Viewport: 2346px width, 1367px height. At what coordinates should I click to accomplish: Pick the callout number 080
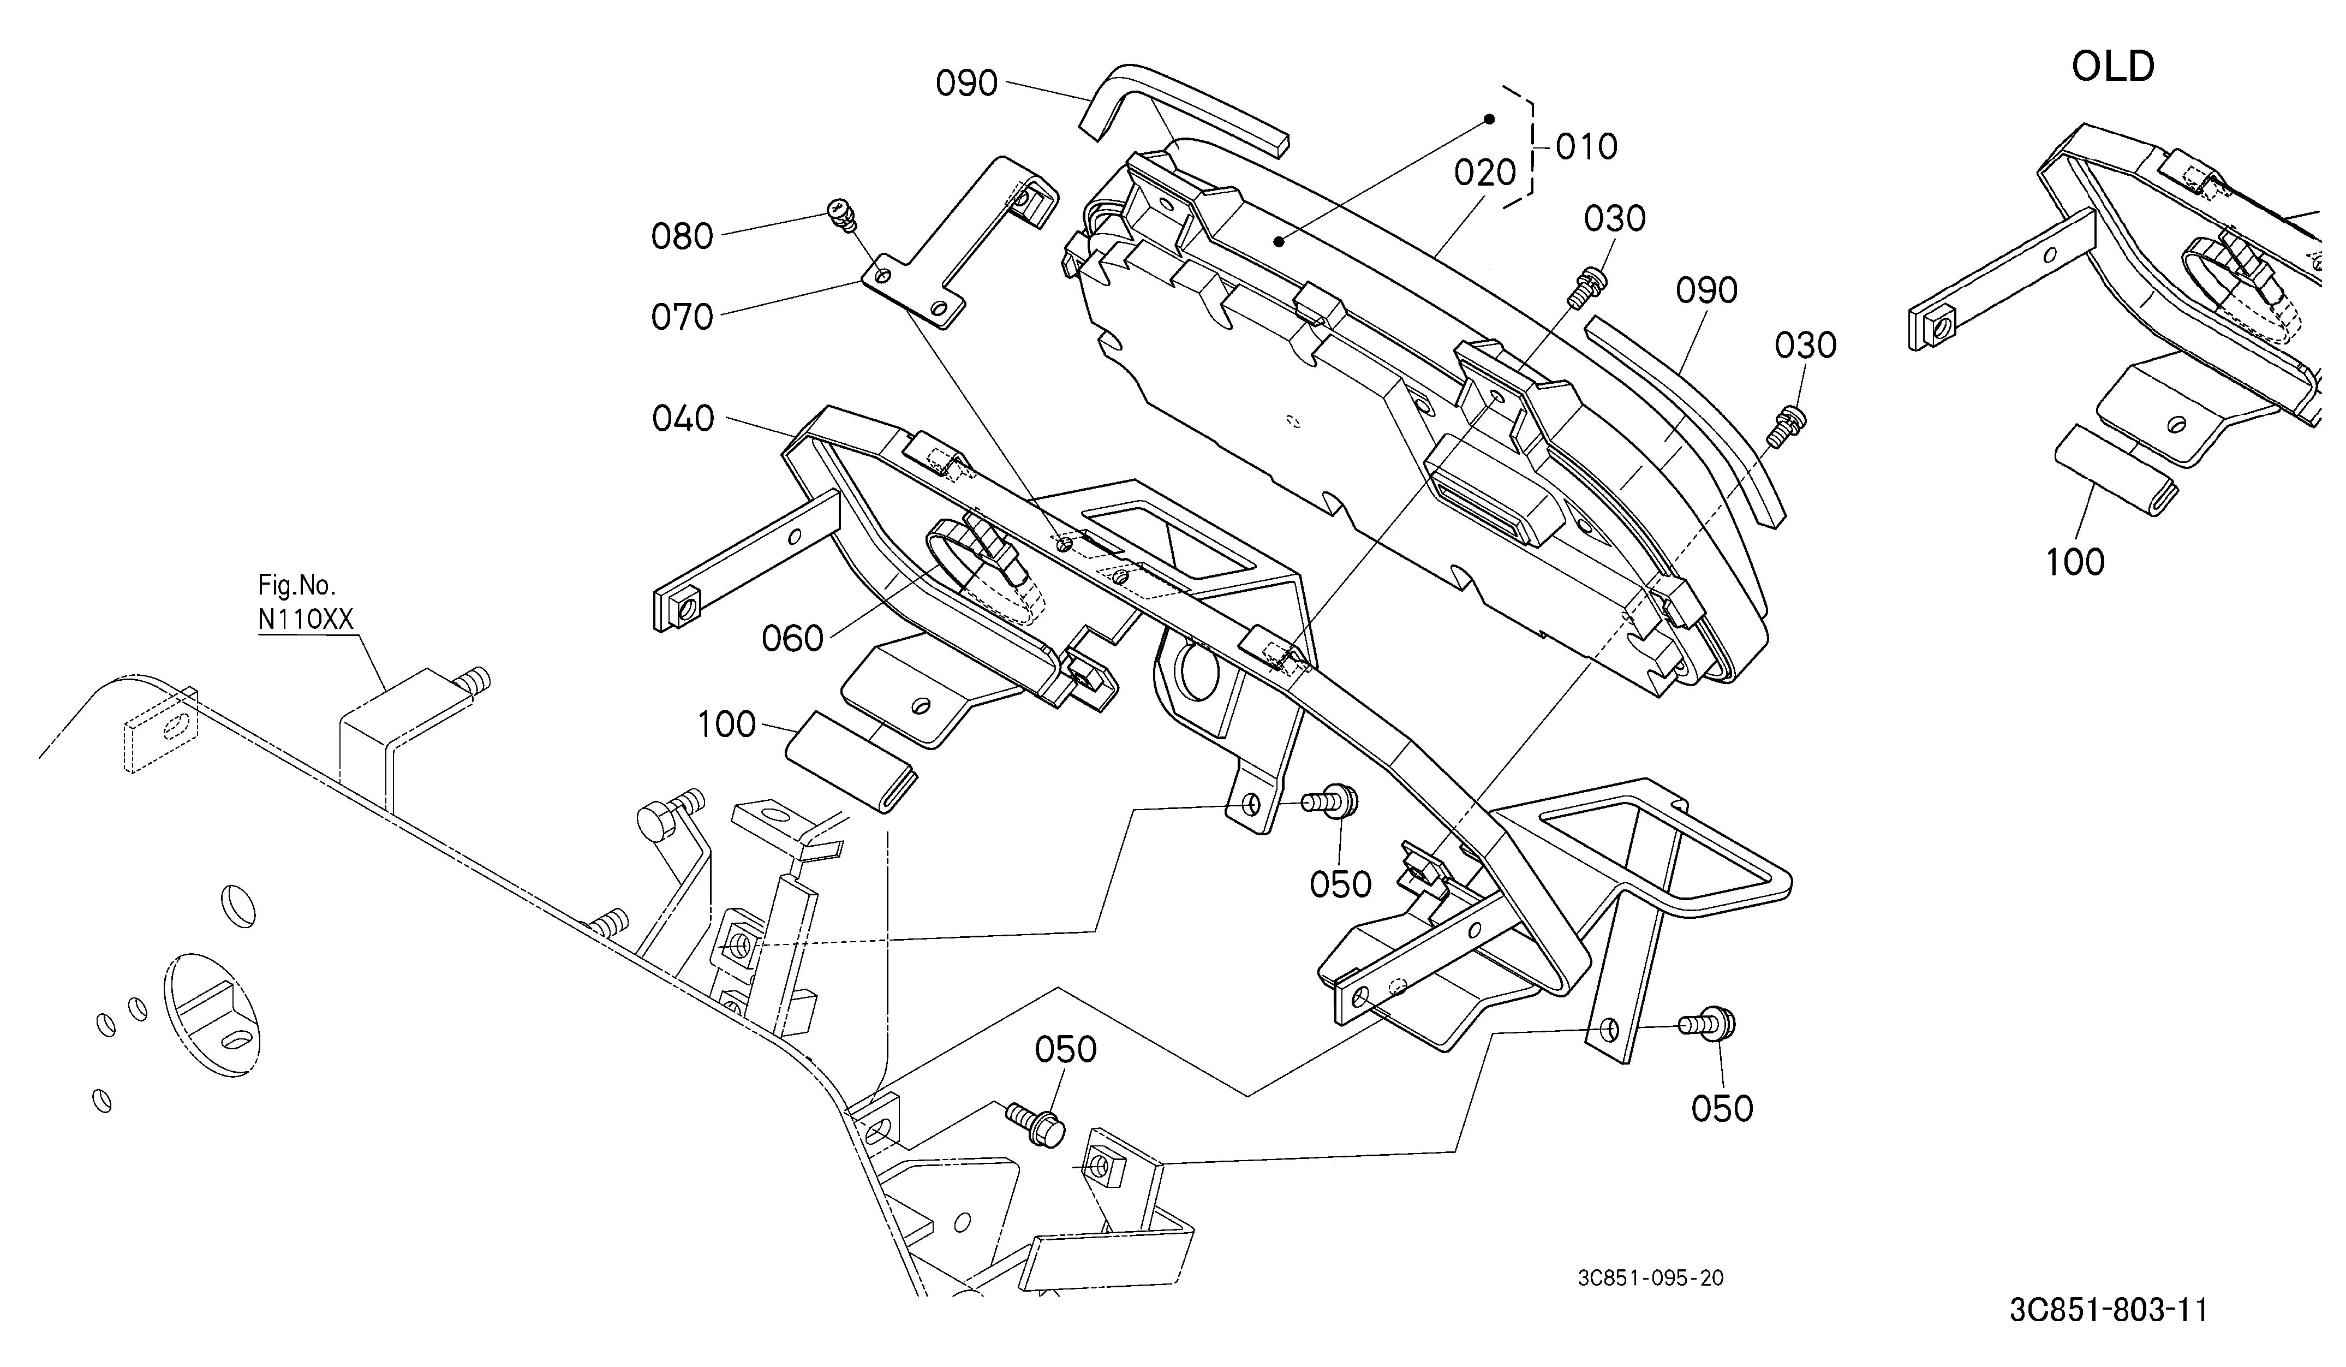pos(682,236)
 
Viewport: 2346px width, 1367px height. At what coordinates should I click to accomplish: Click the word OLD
pos(2112,67)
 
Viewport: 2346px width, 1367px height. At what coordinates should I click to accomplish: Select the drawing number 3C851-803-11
pos(2108,1310)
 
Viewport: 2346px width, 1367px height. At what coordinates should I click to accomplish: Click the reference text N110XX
pos(306,619)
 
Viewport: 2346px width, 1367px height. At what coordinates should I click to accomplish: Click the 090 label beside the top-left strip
pos(966,84)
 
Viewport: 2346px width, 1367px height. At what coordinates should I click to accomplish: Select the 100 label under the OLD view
pos(2075,562)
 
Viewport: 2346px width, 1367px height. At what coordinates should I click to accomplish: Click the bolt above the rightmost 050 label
pos(1706,1024)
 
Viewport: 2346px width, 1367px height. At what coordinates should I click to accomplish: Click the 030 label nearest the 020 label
pos(1614,219)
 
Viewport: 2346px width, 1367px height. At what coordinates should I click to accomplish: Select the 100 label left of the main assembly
pos(727,724)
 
